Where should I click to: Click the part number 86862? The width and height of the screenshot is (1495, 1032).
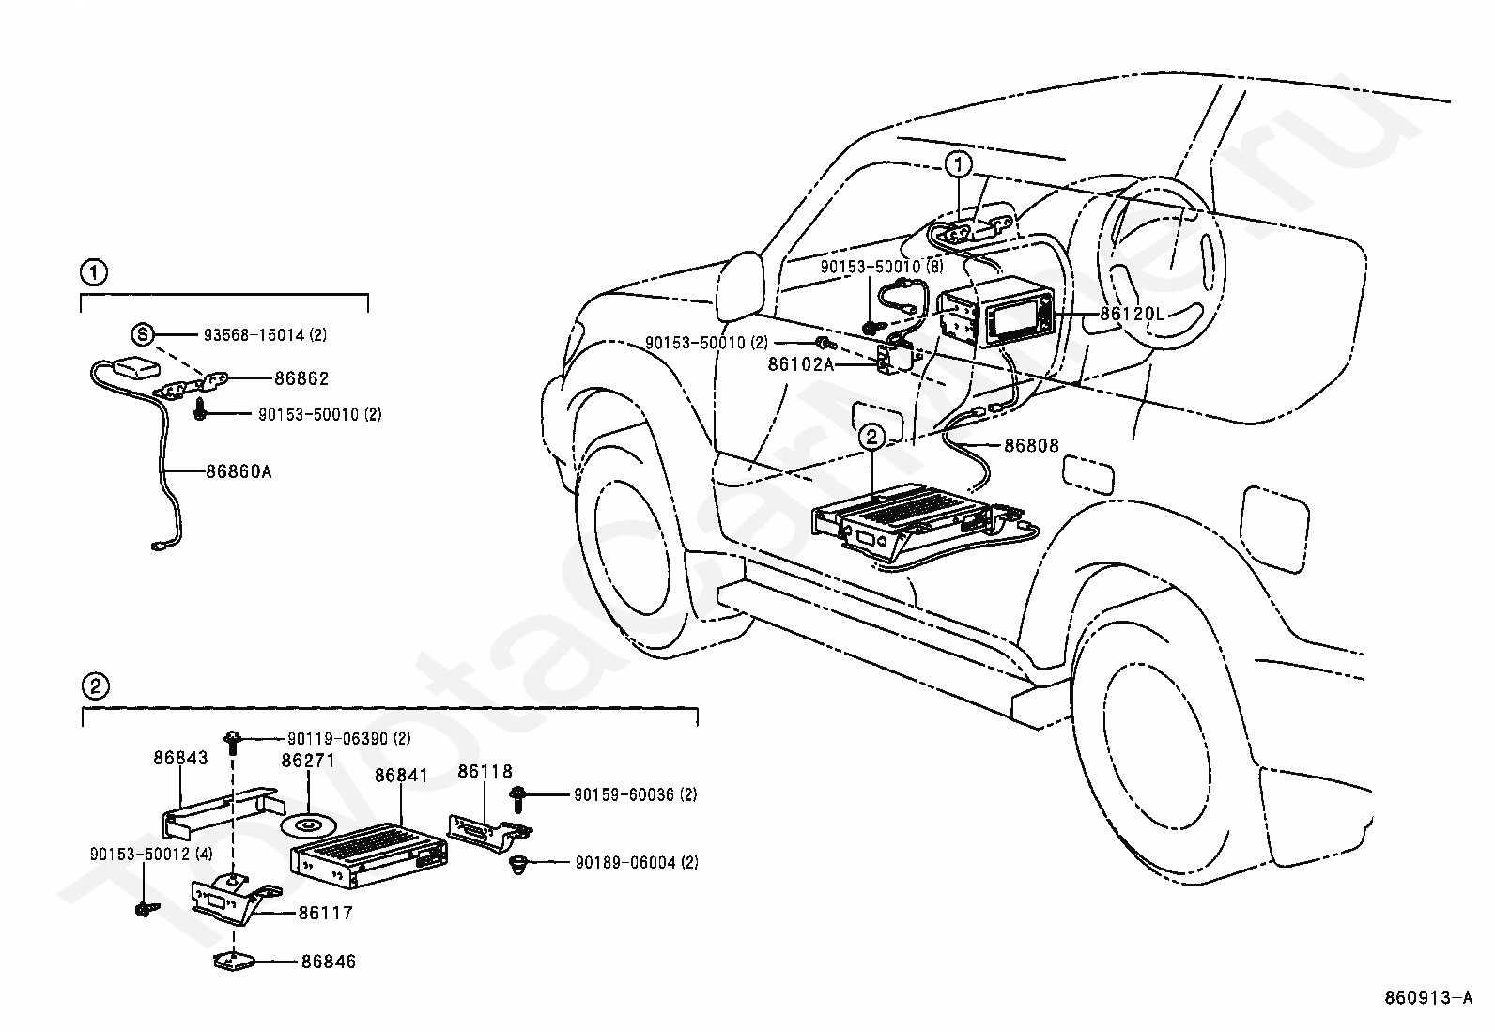[x=301, y=378]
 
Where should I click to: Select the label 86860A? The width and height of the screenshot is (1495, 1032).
[x=239, y=472]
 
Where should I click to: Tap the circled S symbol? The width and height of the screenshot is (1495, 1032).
[x=142, y=333]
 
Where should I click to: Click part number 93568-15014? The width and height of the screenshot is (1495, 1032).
[x=254, y=334]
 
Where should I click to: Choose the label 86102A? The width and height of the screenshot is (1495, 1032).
[x=801, y=364]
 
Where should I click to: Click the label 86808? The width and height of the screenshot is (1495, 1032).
[x=1031, y=445]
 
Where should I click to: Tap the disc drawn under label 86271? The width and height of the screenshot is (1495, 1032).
[x=307, y=826]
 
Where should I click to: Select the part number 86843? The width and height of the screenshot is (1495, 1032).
[x=180, y=758]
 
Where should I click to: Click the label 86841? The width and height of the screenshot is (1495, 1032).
[x=401, y=775]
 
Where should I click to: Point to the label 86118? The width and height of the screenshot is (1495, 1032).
[x=485, y=772]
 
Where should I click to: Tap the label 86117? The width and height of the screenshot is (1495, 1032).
[x=326, y=913]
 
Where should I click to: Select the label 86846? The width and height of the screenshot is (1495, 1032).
[x=329, y=962]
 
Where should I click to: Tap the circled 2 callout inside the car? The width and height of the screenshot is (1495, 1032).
[x=871, y=438]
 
